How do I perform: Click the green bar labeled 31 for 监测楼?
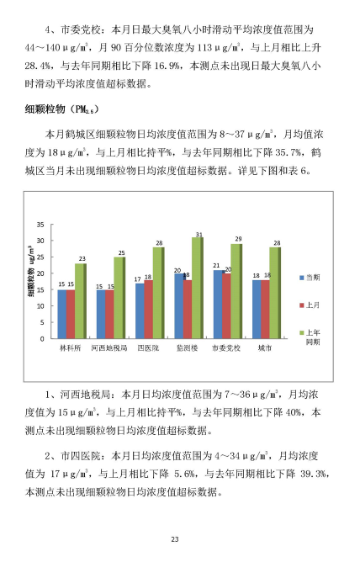click(198, 288)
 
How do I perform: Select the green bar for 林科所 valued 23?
click(81, 301)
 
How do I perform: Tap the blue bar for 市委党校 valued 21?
click(218, 305)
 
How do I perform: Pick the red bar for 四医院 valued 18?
click(148, 310)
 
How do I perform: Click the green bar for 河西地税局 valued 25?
click(119, 298)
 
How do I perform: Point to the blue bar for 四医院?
click(140, 310)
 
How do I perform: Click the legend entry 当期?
click(310, 278)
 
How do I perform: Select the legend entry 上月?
click(310, 305)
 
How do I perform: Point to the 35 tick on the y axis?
click(40, 225)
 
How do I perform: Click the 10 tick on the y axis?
click(40, 306)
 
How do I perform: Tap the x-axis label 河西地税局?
click(109, 348)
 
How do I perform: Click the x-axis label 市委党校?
click(226, 348)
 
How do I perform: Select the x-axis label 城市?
click(265, 348)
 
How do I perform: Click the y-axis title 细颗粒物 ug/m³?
click(30, 271)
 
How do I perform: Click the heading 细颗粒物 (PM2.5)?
click(61, 109)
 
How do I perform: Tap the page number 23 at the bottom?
click(175, 539)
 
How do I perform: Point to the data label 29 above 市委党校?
click(238, 239)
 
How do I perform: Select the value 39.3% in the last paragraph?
click(314, 474)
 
